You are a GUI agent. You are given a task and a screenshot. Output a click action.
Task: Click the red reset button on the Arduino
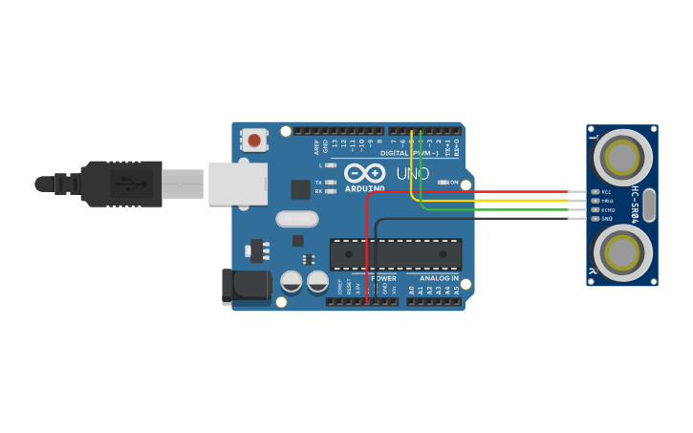coord(253,141)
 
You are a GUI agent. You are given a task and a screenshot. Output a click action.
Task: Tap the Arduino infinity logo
coord(364,173)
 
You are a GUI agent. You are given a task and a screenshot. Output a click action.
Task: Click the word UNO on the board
coord(413,174)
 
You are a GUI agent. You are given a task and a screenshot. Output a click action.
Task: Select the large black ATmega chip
coord(396,254)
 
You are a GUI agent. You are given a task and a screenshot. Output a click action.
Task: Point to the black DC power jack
coord(246,286)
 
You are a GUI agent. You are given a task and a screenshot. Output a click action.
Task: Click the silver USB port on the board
coord(238,184)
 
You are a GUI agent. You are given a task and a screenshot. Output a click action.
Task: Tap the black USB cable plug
coord(122,184)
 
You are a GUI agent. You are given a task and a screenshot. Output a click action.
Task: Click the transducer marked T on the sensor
coord(622,156)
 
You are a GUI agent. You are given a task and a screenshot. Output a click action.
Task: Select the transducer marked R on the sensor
coord(622,253)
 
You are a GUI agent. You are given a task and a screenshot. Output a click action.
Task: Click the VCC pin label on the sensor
coord(606,191)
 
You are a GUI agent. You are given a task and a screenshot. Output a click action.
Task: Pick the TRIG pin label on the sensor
coord(607,201)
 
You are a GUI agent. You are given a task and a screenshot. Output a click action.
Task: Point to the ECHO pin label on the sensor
coord(607,209)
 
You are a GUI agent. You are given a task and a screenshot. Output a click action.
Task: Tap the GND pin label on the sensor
coord(606,219)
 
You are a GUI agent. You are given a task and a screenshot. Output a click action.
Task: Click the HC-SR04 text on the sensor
coord(634,205)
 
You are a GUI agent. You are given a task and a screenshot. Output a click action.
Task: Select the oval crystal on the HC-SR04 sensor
coord(649,205)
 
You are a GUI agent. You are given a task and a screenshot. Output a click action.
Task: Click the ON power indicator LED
coord(443,182)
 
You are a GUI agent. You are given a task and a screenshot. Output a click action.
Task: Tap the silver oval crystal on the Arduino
coord(297,219)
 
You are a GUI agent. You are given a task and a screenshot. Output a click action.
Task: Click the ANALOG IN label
coord(439,278)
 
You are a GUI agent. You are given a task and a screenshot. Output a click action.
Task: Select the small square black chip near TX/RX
coord(300,189)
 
